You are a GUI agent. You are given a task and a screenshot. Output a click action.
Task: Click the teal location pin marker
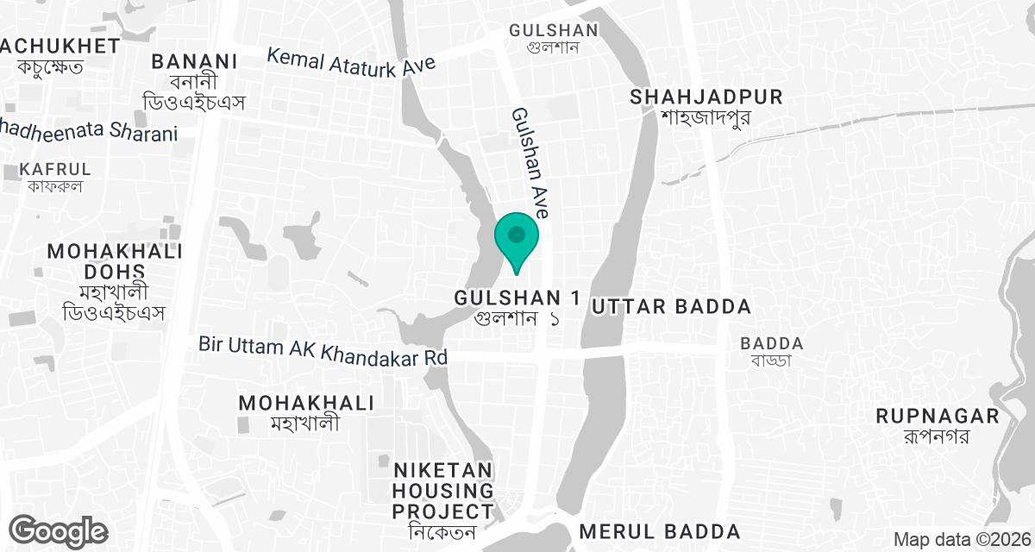pyautogui.click(x=517, y=239)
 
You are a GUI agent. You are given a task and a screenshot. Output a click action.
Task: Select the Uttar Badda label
pyautogui.click(x=670, y=306)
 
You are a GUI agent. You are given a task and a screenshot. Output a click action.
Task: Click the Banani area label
pyautogui.click(x=194, y=62)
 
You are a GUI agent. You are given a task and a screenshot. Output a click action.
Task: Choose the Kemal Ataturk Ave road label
pyautogui.click(x=351, y=62)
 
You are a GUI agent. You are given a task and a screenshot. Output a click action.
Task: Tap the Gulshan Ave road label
pyautogui.click(x=530, y=162)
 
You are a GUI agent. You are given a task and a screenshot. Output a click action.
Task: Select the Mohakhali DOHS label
pyautogui.click(x=115, y=261)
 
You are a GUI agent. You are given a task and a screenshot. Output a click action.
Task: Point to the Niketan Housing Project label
pyautogui.click(x=443, y=491)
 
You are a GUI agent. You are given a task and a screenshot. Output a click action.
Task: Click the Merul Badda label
pyautogui.click(x=660, y=530)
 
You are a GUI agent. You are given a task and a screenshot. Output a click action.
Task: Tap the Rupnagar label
pyautogui.click(x=937, y=417)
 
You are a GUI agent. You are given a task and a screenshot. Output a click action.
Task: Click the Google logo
pyautogui.click(x=59, y=530)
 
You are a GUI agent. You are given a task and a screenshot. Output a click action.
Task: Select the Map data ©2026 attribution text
pyautogui.click(x=962, y=539)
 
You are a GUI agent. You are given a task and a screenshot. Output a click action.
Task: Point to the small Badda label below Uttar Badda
pyautogui.click(x=772, y=343)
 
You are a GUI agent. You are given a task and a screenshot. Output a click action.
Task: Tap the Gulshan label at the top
pyautogui.click(x=553, y=30)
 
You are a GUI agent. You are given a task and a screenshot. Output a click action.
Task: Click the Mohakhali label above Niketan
pyautogui.click(x=306, y=403)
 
